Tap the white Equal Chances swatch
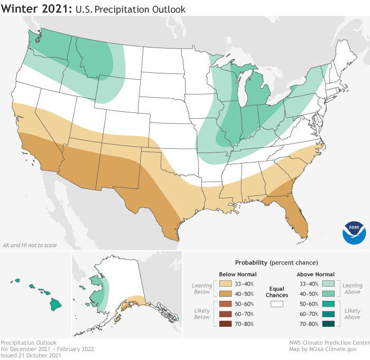276,304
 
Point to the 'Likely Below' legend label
201,314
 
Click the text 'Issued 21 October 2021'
31,355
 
